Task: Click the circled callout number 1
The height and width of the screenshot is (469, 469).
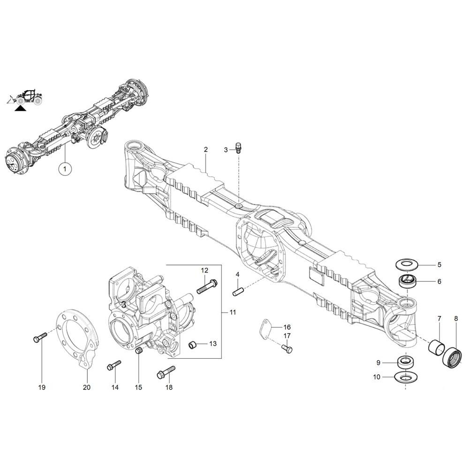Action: (x=65, y=169)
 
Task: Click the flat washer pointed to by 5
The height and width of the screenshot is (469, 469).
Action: (x=406, y=264)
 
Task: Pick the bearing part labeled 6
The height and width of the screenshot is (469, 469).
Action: (x=408, y=281)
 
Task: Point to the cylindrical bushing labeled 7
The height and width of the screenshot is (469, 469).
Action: (x=438, y=346)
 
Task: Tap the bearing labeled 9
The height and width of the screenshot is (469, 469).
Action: (x=405, y=362)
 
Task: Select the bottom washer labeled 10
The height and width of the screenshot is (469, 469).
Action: (x=405, y=377)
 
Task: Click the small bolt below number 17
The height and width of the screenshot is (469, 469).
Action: (x=287, y=348)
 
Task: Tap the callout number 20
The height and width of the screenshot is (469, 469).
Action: (x=86, y=387)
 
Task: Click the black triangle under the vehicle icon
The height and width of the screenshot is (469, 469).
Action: (x=20, y=108)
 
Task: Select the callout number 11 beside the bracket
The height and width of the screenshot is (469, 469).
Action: (x=233, y=312)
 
